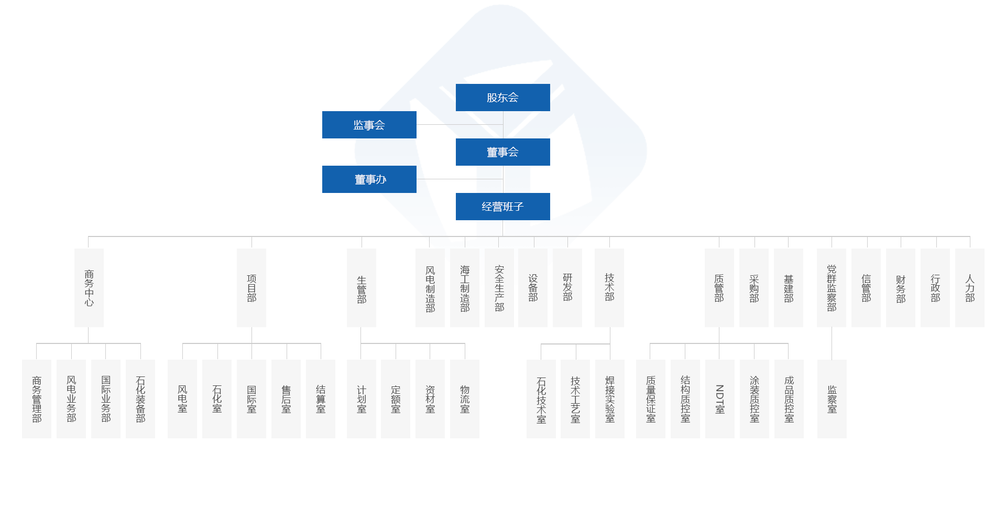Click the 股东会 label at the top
coord(502,98)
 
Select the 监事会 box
coord(369,125)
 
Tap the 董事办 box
coord(370,180)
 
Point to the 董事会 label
coord(502,153)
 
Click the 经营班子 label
coord(502,207)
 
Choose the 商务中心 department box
coord(89,287)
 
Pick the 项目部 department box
coord(251,287)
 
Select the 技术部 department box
coord(609,287)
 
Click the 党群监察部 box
coord(831,287)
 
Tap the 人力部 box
coord(969,287)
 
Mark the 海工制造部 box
coord(464,288)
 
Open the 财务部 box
coord(900,287)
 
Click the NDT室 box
coord(719,398)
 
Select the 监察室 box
coord(832,398)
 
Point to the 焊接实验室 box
coord(609,398)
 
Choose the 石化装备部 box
coord(140,398)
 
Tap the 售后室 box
coord(286,398)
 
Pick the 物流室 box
coord(464,398)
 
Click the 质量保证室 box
coord(650,398)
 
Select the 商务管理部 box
coord(36,398)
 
